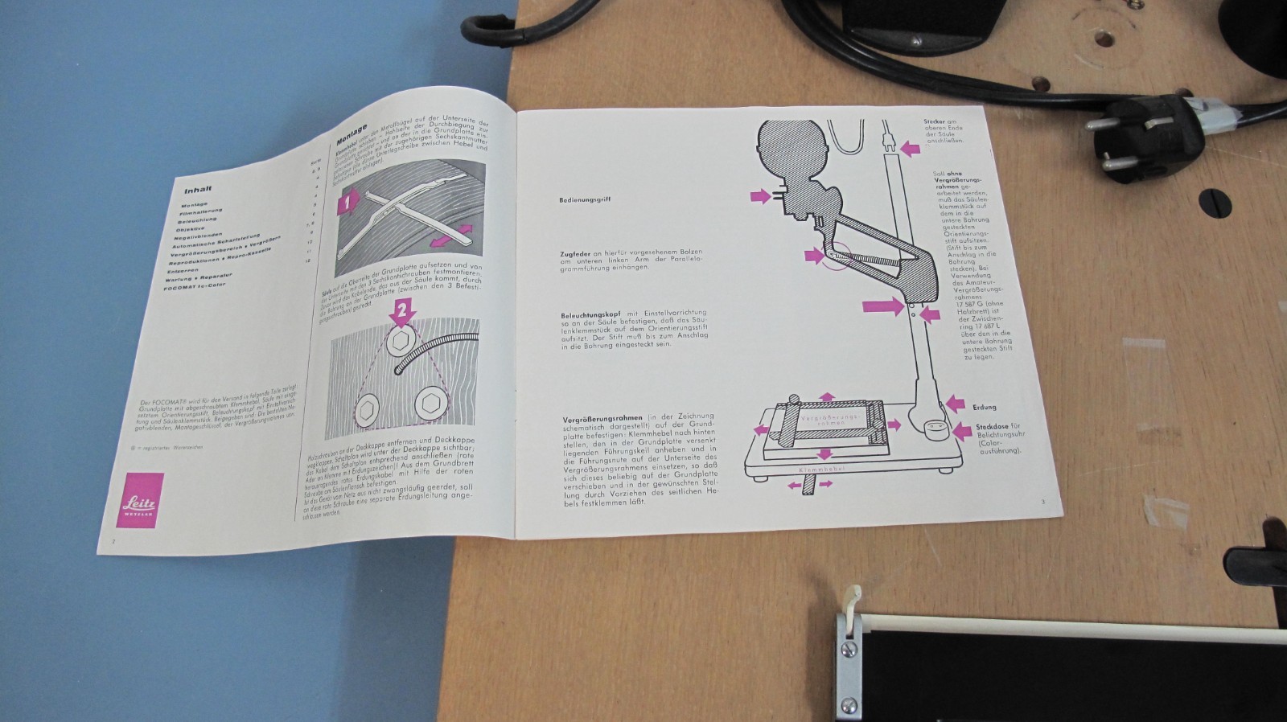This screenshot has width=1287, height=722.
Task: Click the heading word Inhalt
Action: (198, 191)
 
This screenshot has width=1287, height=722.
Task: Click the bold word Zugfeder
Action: (576, 253)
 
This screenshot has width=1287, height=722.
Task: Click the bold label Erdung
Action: (985, 408)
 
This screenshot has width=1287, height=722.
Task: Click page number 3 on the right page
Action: (1042, 503)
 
